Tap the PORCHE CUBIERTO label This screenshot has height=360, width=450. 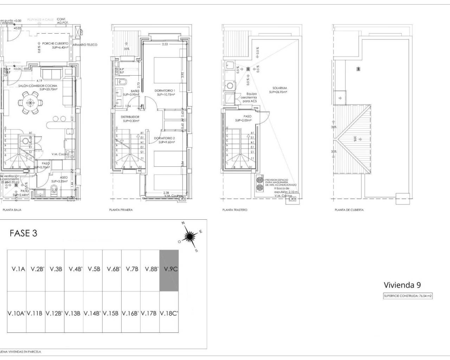pos(55,44)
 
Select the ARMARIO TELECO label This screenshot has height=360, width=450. pos(84,45)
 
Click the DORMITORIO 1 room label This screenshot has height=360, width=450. pos(165,91)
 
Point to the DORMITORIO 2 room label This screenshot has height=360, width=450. pos(164,139)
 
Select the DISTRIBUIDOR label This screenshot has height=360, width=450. pos(130,117)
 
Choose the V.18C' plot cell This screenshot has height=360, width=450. pos(169,313)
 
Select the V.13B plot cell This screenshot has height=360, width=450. pos(73,313)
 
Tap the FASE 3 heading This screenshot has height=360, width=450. pos(23,233)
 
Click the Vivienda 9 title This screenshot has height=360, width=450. pos(402,285)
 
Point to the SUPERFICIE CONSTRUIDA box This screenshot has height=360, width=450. pos(407,296)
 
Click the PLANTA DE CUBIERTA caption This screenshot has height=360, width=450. pos(349,210)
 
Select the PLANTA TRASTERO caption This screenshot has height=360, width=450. pos(235,210)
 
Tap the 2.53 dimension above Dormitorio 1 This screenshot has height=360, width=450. pos(165,44)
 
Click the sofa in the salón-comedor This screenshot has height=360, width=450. pos(52,74)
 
